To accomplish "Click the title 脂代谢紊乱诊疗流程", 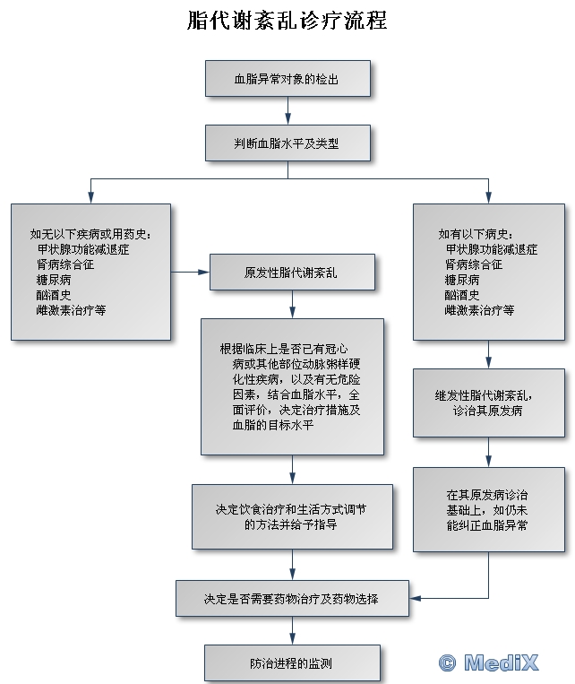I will [x=287, y=20].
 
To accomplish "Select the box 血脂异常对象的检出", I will [x=287, y=79].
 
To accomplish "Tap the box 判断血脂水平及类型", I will [x=287, y=143].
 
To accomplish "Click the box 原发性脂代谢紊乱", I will [x=292, y=272].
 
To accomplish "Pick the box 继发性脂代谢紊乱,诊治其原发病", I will [x=488, y=403].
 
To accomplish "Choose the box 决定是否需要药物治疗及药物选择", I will [x=292, y=599].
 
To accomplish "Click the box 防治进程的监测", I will [x=292, y=664].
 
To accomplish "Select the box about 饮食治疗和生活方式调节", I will [x=292, y=517].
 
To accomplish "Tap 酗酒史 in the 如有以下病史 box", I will [x=462, y=295].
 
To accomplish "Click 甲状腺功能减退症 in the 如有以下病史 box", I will [x=492, y=250].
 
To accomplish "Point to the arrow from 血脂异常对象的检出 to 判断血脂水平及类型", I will [x=287, y=110].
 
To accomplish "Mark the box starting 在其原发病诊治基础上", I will [x=488, y=509].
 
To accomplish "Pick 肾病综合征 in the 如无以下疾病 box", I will [x=65, y=264].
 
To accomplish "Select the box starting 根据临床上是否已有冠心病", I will [x=292, y=385].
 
